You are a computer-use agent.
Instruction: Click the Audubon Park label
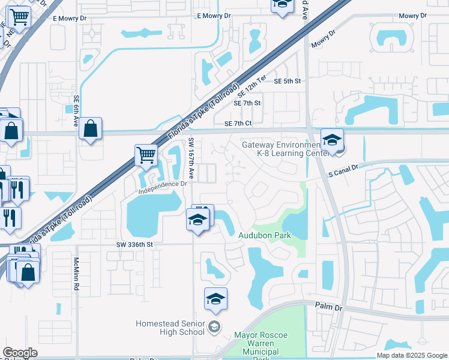(265, 235)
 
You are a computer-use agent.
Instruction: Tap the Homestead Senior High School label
(170, 327)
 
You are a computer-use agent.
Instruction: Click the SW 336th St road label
(136, 245)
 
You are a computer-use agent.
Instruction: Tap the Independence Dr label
(163, 188)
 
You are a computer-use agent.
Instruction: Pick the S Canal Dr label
(343, 173)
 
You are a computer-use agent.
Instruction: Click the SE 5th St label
(287, 81)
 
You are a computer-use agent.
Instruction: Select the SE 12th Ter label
(252, 87)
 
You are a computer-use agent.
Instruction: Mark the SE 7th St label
(247, 103)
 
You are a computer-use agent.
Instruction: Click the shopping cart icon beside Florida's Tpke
(146, 155)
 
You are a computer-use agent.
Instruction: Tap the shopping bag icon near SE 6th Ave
(90, 128)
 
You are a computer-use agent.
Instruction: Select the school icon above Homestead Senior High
(216, 299)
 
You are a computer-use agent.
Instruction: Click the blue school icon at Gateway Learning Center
(331, 140)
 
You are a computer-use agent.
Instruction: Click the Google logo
(20, 353)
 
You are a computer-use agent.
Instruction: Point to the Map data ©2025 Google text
(412, 355)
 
